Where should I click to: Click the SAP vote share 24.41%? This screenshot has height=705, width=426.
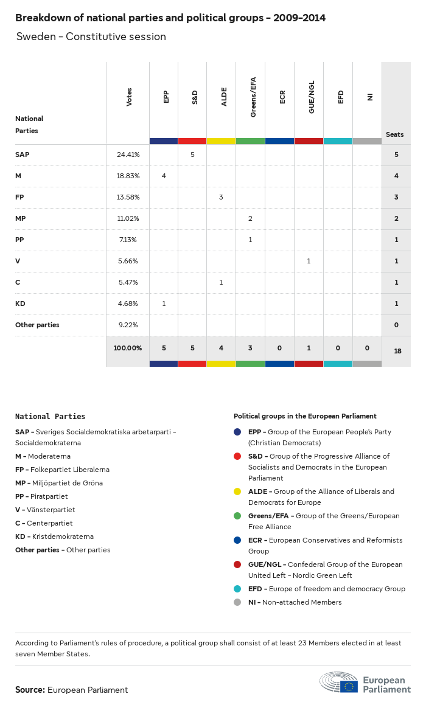pos(128,155)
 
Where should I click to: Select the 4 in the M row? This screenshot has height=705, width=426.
pos(164,176)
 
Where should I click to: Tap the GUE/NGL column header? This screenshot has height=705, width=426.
pos(312,102)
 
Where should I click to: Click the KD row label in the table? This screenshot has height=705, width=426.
pos(20,304)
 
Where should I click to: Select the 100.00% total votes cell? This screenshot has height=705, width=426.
pos(128,348)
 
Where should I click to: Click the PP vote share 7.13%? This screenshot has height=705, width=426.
pos(128,240)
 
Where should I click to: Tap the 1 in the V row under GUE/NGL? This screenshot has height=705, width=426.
pos(309,261)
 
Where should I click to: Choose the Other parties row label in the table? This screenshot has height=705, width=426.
pos(37,325)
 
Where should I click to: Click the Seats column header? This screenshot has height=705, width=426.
pos(394,134)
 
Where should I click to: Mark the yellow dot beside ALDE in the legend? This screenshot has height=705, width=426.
pos(237,491)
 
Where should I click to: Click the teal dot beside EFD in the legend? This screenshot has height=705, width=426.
pos(237,589)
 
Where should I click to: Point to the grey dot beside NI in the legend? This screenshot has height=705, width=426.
pos(237,602)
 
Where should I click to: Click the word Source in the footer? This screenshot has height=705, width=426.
pos(29,690)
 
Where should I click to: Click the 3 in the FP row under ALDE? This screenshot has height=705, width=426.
pos(221,197)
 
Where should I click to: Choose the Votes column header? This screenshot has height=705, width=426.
pos(129,97)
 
